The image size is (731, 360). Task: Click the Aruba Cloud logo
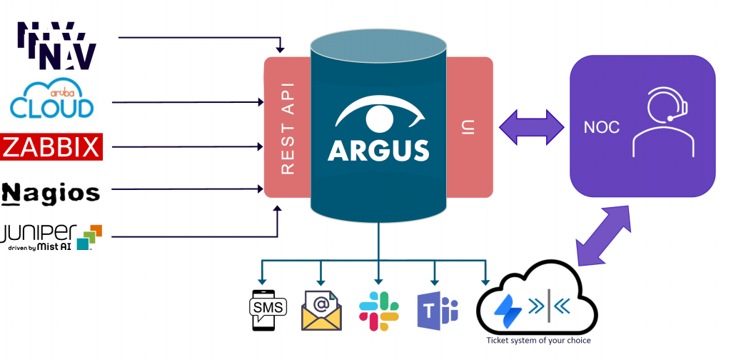(51, 100)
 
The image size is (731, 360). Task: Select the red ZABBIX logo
(52, 147)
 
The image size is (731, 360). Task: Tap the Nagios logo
(51, 192)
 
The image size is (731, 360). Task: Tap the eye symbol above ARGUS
(379, 115)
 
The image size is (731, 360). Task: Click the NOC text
(601, 127)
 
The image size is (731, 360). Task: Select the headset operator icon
(662, 122)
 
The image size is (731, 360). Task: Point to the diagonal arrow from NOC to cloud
(604, 236)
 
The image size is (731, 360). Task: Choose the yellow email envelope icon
(321, 310)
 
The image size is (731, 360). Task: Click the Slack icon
(378, 311)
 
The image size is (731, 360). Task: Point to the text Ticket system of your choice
(538, 341)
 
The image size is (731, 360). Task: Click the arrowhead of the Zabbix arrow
(261, 147)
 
